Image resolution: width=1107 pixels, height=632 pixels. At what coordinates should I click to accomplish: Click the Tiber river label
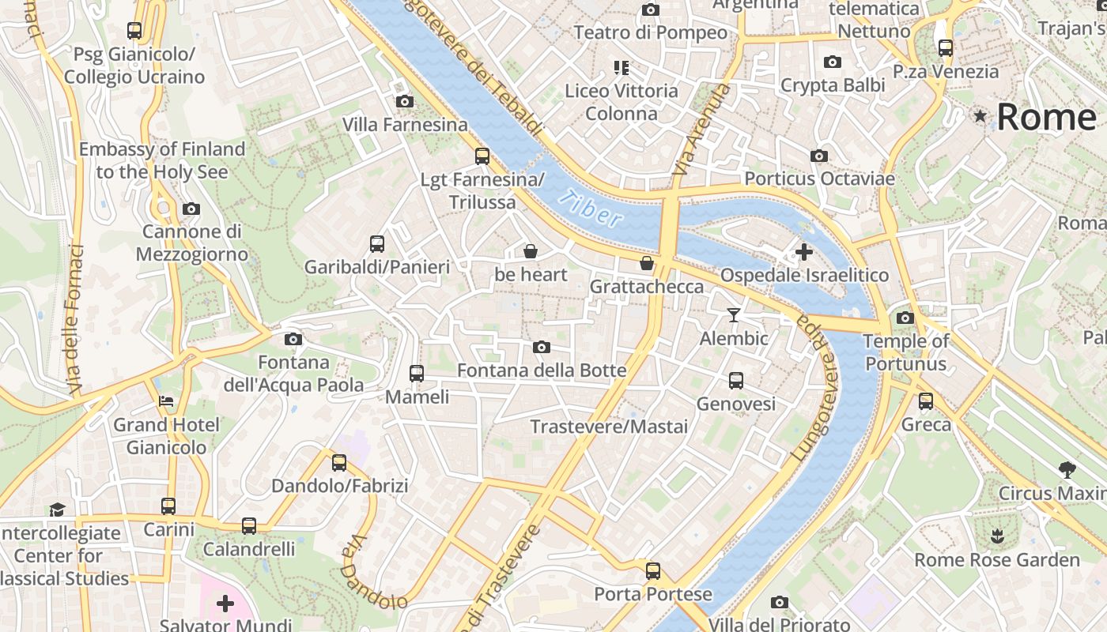click(590, 208)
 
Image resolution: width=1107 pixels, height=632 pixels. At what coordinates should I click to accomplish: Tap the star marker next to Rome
click(980, 117)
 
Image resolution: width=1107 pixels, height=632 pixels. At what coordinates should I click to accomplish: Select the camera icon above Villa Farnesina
click(404, 101)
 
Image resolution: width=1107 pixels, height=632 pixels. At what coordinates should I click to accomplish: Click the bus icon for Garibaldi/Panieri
click(377, 244)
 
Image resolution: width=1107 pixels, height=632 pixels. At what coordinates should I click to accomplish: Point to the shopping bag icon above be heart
click(531, 252)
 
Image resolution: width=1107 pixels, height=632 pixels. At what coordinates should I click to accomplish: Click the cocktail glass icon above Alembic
click(734, 315)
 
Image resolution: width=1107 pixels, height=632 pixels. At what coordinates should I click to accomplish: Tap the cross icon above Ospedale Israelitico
click(804, 253)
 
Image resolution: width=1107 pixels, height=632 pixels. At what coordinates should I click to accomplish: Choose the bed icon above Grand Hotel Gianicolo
click(166, 401)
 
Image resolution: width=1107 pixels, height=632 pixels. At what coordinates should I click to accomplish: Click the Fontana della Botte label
click(542, 371)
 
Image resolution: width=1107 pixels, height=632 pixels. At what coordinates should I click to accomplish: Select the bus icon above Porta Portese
click(652, 570)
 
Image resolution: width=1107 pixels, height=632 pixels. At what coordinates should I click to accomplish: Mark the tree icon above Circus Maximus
click(1067, 470)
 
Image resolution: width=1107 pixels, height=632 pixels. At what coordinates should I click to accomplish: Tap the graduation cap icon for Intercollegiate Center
click(57, 510)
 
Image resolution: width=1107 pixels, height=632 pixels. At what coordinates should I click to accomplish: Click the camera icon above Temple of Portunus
click(905, 318)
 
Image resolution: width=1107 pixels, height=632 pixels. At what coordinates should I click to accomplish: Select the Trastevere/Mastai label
click(608, 427)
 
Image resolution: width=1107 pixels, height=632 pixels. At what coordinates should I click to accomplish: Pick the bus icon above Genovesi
click(736, 381)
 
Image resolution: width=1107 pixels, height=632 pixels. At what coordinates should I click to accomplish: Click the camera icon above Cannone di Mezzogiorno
click(191, 209)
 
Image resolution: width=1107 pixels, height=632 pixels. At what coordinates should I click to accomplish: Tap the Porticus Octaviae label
click(819, 179)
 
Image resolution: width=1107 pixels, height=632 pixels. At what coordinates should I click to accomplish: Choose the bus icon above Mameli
click(417, 374)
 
